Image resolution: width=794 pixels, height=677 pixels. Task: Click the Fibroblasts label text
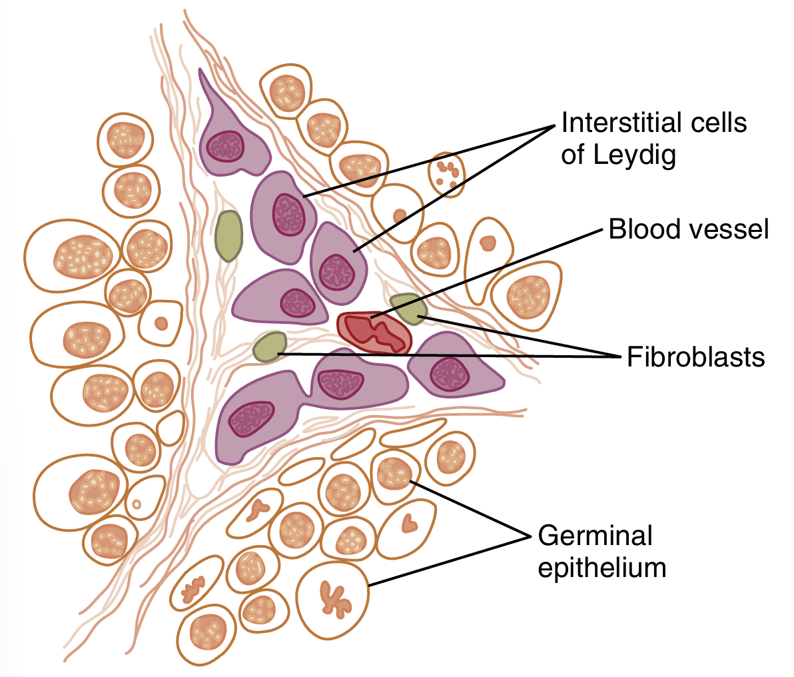(695, 357)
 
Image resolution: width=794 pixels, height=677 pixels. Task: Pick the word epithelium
(601, 568)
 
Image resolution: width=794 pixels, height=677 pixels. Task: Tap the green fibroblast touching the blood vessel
(408, 308)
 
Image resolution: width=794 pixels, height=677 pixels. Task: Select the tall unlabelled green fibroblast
(228, 236)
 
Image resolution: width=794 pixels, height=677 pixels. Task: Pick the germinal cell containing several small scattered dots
(446, 174)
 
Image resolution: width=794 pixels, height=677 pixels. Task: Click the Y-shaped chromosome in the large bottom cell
(334, 597)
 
